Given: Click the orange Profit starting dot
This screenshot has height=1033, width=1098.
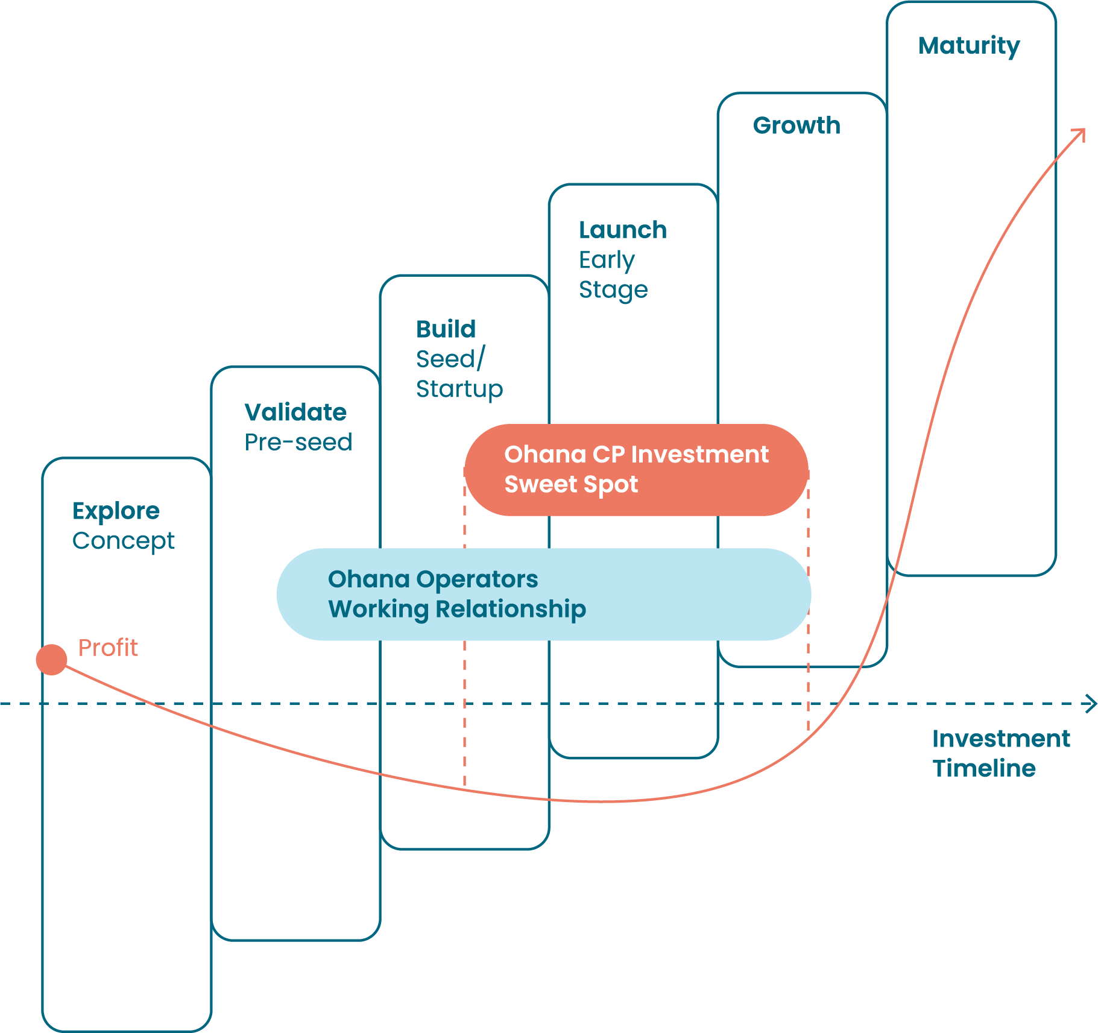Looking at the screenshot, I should [51, 659].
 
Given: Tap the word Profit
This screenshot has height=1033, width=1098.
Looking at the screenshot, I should [108, 648].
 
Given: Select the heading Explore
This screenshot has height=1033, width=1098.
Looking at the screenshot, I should [116, 511].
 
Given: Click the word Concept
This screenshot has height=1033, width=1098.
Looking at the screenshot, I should [124, 541].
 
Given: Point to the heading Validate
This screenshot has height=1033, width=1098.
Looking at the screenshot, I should [295, 412].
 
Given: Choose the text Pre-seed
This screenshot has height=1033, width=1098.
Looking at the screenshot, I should [298, 443].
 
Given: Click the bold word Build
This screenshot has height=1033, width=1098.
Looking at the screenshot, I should [446, 330].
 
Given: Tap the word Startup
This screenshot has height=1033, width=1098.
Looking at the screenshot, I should [459, 390].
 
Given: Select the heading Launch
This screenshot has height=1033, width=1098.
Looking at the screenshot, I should [622, 230].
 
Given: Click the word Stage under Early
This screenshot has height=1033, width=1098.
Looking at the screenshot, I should [613, 290].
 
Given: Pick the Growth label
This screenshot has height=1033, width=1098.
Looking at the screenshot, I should [796, 125].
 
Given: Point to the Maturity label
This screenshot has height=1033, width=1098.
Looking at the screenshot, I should [969, 46].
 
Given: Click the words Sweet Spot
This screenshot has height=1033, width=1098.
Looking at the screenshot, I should [570, 485].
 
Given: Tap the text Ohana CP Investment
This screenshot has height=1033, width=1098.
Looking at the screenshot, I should [636, 455].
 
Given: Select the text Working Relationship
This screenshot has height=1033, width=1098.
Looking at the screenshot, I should [456, 609].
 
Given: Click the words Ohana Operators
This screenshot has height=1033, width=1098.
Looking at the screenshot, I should [432, 580].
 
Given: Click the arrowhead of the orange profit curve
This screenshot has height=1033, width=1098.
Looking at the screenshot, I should [1081, 132].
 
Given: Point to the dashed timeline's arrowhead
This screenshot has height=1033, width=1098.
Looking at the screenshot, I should [1092, 704].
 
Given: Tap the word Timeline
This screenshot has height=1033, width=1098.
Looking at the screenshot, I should [983, 769].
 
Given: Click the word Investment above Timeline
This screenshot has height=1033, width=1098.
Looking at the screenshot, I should [1000, 739].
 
